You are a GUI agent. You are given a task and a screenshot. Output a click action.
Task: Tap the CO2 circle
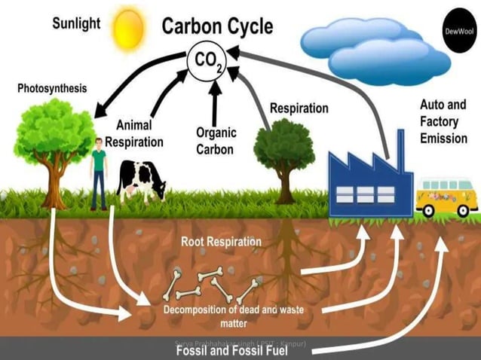point(207,59)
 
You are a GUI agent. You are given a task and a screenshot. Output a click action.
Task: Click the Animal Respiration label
point(134,133)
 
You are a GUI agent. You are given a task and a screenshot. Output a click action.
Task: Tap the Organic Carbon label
point(216,141)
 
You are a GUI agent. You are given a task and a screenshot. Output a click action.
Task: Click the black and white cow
point(142,181)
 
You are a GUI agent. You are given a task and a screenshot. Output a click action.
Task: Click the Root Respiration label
point(221,242)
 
